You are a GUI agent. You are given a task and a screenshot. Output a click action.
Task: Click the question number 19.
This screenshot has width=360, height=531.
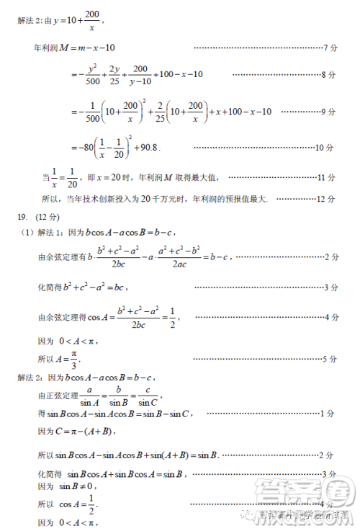pos(22,216)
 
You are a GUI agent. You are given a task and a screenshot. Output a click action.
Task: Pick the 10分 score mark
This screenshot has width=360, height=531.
pos(325,147)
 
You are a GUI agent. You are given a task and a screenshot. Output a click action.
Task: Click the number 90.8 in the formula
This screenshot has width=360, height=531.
pos(148,147)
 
